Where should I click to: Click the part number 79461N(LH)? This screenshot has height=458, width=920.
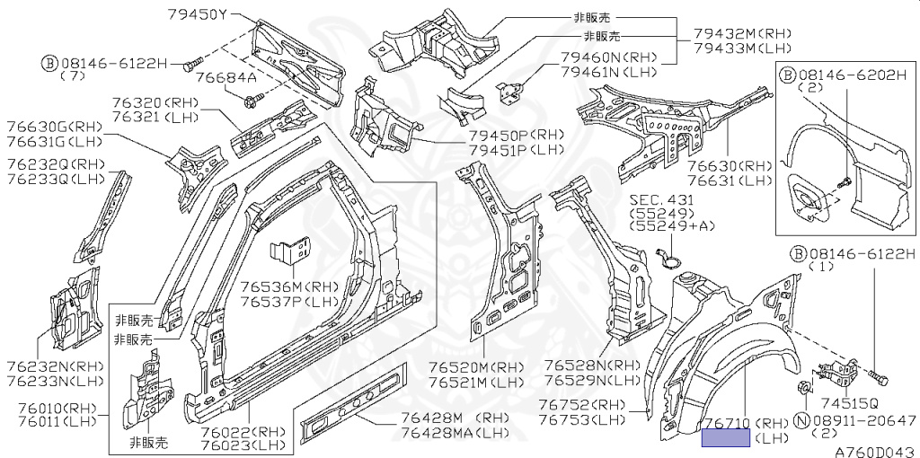tap(608, 72)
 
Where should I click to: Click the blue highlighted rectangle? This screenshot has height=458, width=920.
tap(725, 438)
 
